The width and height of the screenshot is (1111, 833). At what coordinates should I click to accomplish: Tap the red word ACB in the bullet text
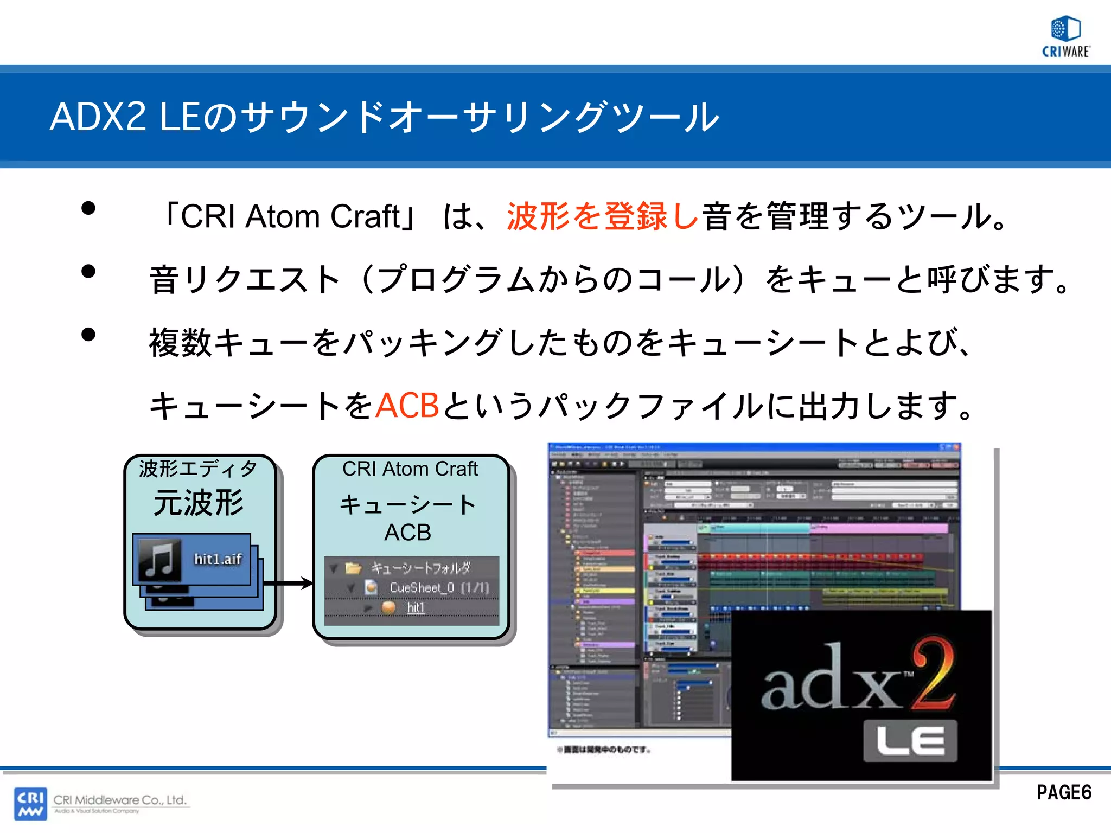[407, 406]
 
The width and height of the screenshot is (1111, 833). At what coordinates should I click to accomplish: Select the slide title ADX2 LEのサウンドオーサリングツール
[384, 117]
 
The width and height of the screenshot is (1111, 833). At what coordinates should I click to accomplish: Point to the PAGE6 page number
[1064, 792]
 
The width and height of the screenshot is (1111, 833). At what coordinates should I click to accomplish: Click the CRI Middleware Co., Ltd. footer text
[120, 800]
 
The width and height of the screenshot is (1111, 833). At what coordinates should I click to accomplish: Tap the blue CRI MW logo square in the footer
[30, 803]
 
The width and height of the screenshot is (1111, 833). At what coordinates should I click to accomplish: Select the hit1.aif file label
[218, 559]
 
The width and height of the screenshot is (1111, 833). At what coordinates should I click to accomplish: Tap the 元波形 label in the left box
[199, 503]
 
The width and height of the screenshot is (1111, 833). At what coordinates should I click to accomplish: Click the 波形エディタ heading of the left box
[198, 469]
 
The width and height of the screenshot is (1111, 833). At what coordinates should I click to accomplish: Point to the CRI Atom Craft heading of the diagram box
[410, 469]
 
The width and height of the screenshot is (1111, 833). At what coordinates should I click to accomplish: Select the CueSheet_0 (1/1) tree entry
[439, 587]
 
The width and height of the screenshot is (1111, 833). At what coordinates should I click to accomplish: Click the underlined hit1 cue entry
[416, 607]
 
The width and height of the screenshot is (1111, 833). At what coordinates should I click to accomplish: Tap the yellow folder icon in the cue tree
[354, 568]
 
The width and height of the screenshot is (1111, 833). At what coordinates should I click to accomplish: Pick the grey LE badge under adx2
[910, 741]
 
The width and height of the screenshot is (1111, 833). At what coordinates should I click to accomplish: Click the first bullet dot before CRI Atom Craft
[88, 208]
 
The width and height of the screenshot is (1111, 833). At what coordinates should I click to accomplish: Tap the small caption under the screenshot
[604, 750]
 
